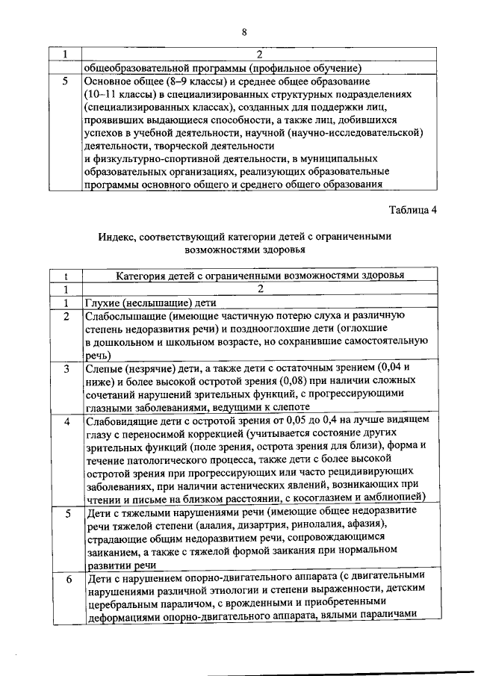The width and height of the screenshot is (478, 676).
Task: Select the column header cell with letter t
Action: (66, 276)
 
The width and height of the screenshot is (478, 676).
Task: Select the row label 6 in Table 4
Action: (66, 579)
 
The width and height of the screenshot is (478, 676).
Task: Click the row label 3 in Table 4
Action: (66, 369)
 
